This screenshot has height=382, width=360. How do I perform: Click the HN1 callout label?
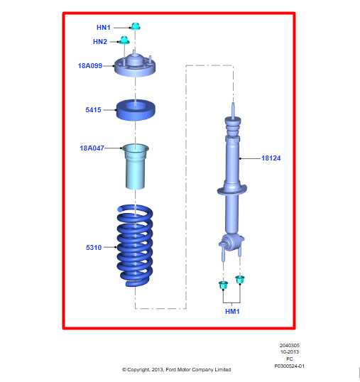(x=104, y=28)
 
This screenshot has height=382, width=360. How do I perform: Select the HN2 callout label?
(x=100, y=42)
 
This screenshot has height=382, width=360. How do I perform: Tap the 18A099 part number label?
(x=90, y=65)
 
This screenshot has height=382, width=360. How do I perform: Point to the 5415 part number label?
(x=93, y=110)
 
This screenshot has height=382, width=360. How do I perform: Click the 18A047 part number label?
(x=92, y=148)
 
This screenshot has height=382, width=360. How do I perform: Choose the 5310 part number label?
(x=93, y=248)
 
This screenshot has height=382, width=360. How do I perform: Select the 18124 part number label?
(x=271, y=158)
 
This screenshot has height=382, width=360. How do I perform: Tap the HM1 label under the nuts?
(x=232, y=311)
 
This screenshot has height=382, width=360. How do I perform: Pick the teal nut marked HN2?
(x=124, y=39)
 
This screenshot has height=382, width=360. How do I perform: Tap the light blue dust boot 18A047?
(x=136, y=166)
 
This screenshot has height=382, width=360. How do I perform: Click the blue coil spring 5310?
(x=135, y=245)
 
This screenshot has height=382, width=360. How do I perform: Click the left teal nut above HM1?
(x=224, y=285)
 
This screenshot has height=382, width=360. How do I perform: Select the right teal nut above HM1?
(x=240, y=279)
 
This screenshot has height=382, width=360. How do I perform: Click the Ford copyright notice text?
(x=176, y=369)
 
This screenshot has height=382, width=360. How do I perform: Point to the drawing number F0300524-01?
(x=289, y=366)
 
